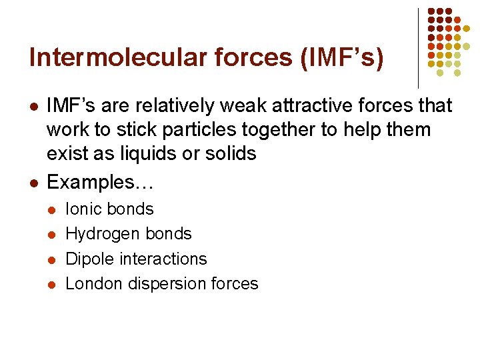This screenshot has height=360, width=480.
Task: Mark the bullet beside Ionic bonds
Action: point(53,209)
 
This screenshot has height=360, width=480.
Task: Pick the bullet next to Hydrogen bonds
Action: point(53,234)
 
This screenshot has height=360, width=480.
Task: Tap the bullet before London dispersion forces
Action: point(53,284)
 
